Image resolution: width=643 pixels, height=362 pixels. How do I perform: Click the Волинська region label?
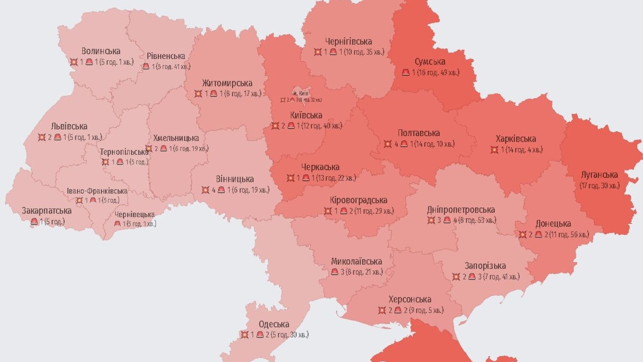101,51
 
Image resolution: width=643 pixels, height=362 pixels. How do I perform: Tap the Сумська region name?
430,62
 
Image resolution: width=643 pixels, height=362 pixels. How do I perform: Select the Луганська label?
599,175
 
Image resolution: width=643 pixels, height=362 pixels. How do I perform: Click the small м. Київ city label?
301,93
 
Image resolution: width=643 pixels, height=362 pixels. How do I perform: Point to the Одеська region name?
274,324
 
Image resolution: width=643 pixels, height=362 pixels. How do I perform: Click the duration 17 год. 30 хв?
599,186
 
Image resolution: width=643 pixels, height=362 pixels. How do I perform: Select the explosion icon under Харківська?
494,150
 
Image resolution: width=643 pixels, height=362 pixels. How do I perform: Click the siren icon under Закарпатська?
34,221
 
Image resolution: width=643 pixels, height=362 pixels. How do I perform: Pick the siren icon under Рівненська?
146,66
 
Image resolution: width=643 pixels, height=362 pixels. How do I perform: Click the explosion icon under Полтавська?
387,144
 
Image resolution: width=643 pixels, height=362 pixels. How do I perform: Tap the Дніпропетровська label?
461,210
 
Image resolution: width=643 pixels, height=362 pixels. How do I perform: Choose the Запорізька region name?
485,266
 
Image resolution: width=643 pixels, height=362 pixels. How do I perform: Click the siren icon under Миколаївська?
335,272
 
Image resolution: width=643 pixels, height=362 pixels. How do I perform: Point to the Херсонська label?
410,300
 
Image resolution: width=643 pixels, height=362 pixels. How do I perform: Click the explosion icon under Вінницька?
205,190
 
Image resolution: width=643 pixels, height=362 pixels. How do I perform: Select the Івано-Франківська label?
97,191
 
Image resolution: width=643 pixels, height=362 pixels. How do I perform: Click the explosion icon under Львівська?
42,137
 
